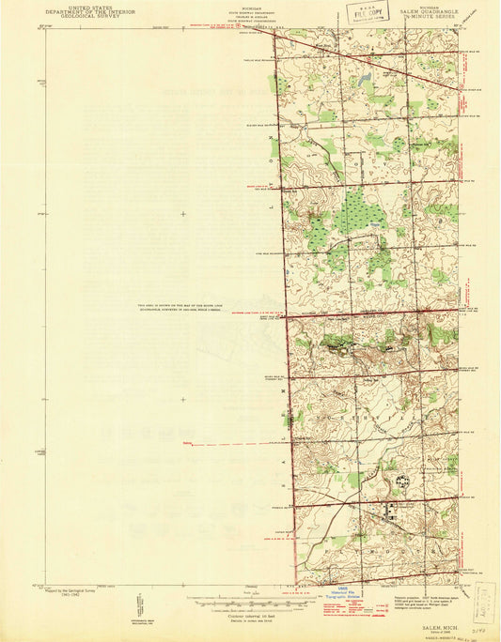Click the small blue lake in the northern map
point(363,83)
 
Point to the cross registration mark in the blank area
point(183,214)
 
